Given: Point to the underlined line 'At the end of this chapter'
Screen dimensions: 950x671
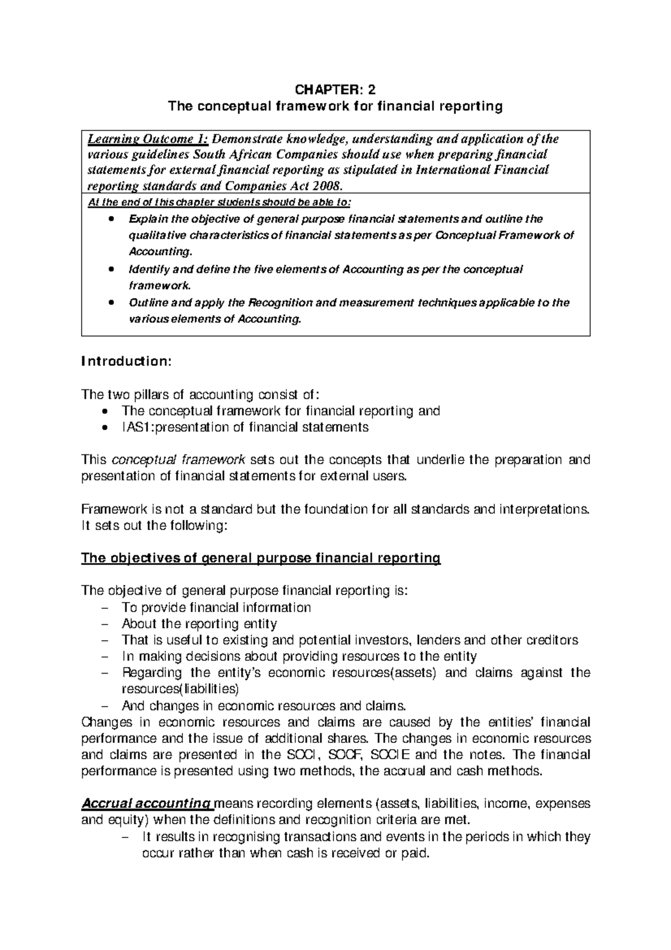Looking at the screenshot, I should pyautogui.click(x=221, y=202).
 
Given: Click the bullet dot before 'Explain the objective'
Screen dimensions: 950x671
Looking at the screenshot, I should pyautogui.click(x=112, y=219).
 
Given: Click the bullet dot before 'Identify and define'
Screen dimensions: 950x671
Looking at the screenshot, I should pyautogui.click(x=112, y=269).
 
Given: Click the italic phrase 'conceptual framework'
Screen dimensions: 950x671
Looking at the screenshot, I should pyautogui.click(x=179, y=460).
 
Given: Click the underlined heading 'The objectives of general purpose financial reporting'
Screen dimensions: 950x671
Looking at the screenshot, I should pyautogui.click(x=261, y=558).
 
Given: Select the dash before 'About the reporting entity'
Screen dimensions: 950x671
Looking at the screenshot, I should pyautogui.click(x=107, y=624).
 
